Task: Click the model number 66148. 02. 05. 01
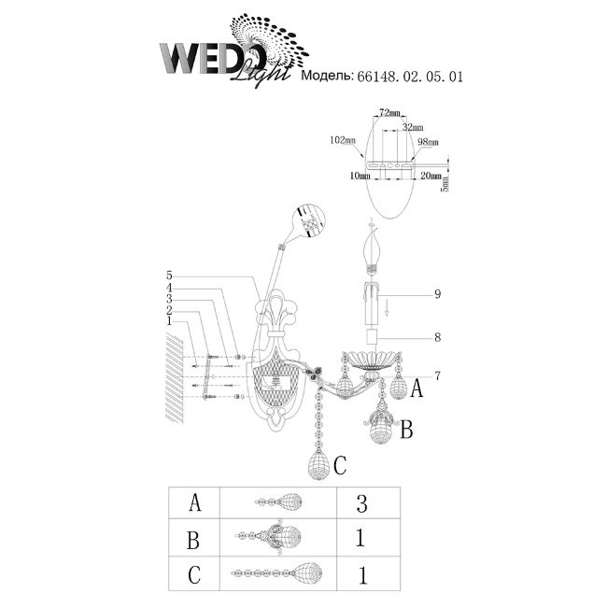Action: (410, 77)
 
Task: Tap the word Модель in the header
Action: (327, 76)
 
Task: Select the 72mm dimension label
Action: (389, 113)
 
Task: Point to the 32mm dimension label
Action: (412, 127)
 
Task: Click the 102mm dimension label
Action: (342, 140)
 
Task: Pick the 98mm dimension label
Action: (428, 142)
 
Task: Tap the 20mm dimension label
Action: (431, 176)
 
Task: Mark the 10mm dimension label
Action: (360, 176)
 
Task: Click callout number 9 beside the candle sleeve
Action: (437, 294)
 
